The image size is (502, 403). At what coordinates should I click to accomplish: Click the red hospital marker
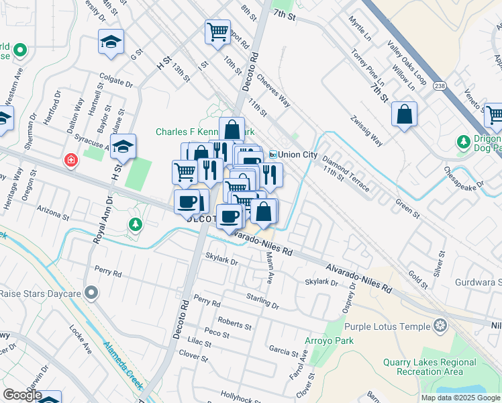pos(70,161)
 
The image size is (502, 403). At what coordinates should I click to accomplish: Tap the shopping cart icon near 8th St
pos(217,32)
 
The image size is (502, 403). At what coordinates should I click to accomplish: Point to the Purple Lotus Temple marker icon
pos(440,326)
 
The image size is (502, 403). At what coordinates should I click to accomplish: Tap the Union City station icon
pos(273,154)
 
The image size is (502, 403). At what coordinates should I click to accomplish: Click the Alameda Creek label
pos(122,367)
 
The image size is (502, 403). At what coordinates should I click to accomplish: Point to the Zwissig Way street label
pos(365,131)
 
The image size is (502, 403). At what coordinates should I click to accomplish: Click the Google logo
pos(22,395)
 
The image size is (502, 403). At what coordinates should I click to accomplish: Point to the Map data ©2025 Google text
pos(460,398)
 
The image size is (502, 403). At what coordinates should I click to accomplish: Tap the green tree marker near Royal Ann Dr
pos(135,224)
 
